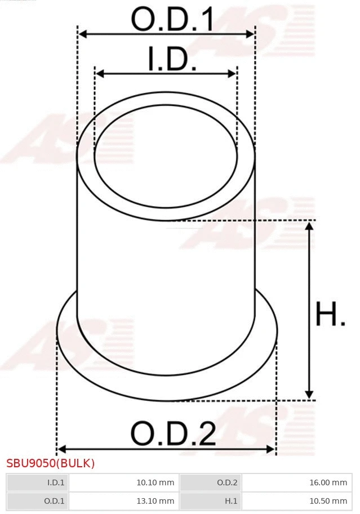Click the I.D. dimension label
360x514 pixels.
coord(172,60)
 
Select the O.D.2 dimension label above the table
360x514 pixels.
coord(173,434)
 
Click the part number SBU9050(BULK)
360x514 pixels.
coord(51,464)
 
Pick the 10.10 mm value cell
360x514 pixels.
coord(123,482)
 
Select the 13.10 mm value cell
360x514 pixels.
coord(123,500)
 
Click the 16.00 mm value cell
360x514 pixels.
coord(296,482)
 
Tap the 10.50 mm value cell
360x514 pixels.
coord(296,500)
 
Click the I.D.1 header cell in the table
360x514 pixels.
coord(37,482)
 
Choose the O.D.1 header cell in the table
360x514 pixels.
coord(37,500)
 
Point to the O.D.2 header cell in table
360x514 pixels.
coord(210,482)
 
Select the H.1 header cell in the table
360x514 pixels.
coord(210,500)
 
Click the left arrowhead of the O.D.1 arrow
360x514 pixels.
coord(82,34)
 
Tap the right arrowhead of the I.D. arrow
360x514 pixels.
coord(232,74)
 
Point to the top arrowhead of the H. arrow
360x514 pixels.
coord(309,226)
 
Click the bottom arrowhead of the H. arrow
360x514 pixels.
coord(309,395)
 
